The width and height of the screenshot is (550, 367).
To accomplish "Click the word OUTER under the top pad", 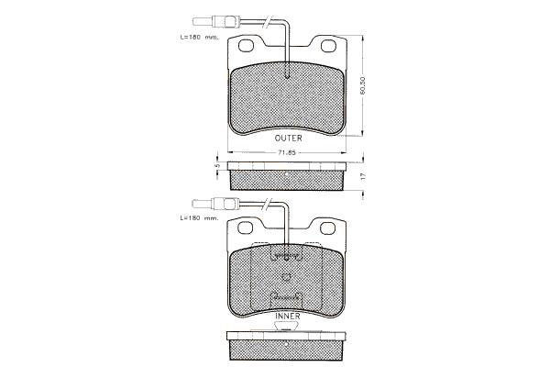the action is (288, 138).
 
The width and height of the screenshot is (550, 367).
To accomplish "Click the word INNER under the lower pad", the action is (288, 316).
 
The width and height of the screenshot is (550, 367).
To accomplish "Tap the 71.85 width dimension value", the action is (287, 152).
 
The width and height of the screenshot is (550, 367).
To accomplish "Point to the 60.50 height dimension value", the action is (363, 85).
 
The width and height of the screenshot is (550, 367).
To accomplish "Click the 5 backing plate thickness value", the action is (217, 165).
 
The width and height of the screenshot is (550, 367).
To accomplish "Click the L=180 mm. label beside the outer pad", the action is (199, 37).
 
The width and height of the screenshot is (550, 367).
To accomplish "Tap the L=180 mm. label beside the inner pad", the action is (199, 218).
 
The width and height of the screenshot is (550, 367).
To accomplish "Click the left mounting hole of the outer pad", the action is (247, 45).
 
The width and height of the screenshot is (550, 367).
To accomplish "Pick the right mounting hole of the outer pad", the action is (328, 46).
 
